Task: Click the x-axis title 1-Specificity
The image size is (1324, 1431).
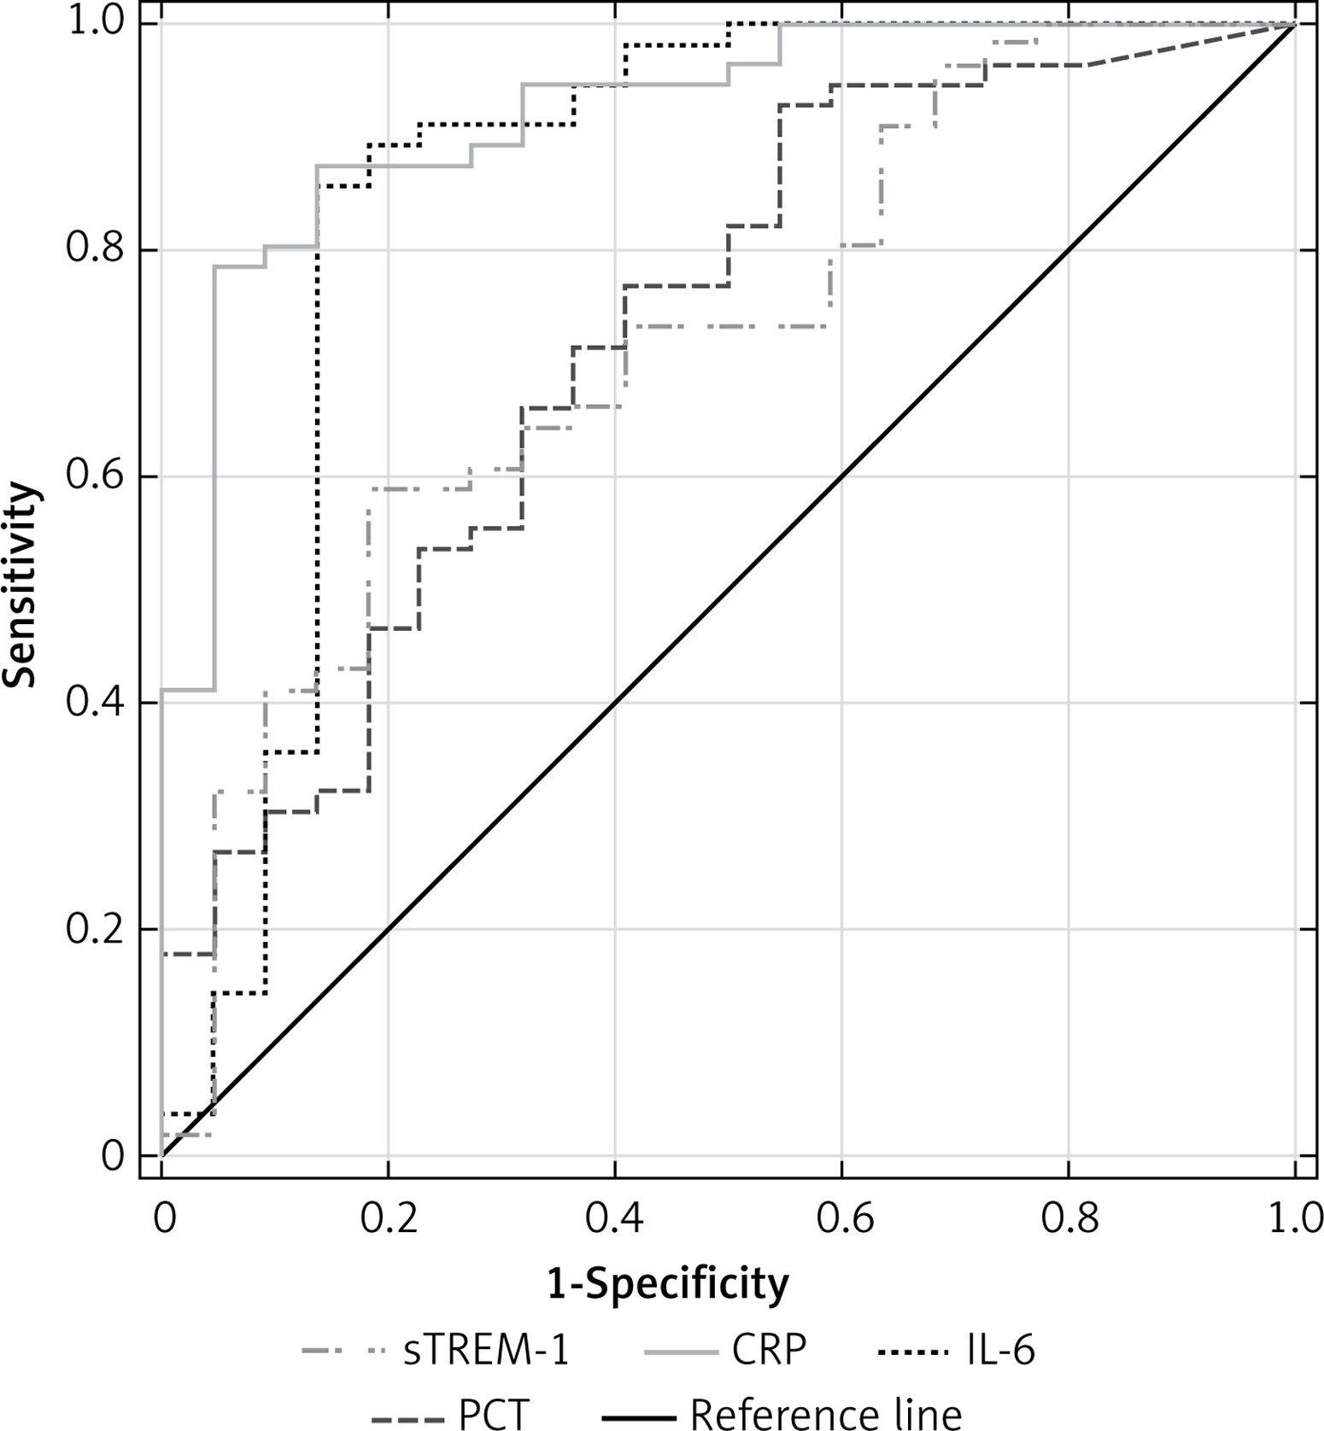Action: (x=668, y=1283)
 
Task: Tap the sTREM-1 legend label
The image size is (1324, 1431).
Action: (x=486, y=1352)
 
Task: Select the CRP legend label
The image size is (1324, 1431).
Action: (x=769, y=1352)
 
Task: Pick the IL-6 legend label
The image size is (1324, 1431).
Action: (x=999, y=1352)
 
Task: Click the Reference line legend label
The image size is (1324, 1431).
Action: (x=825, y=1413)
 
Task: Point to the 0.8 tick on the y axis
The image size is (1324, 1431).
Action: (x=94, y=250)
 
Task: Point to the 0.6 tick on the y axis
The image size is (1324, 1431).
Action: (x=94, y=476)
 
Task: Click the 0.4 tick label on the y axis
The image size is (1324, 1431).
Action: (x=94, y=703)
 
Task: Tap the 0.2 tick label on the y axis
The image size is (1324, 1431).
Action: (x=94, y=929)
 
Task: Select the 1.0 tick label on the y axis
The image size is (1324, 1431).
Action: (x=94, y=24)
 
